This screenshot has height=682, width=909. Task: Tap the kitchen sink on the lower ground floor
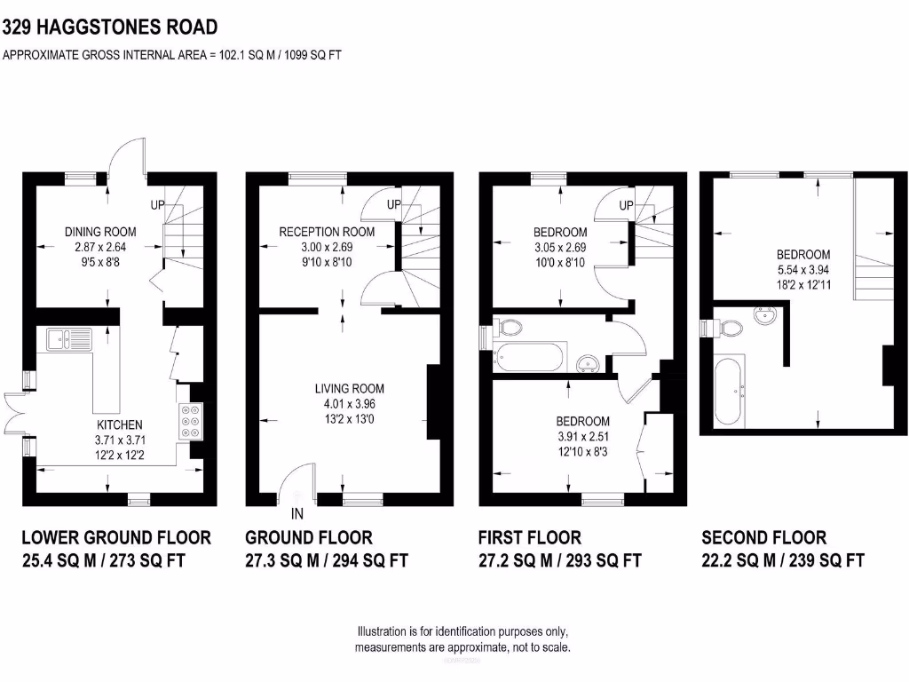[x=66, y=337]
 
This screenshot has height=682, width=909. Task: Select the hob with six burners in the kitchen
[x=190, y=421]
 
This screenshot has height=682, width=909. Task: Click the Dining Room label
[x=100, y=232]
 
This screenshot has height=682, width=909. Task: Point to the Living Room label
[x=349, y=388]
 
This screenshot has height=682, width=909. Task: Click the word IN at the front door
[x=297, y=513]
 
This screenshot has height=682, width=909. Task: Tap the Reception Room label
[x=327, y=232]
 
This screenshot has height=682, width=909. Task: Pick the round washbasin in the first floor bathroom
[x=588, y=362]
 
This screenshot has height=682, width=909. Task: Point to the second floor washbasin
[x=763, y=316]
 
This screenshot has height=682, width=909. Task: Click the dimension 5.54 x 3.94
[x=802, y=270]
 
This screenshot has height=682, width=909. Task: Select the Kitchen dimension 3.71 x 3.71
[x=118, y=440]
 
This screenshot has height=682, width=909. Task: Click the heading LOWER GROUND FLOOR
[x=116, y=537]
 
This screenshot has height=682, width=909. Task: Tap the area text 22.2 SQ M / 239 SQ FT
[x=782, y=560]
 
